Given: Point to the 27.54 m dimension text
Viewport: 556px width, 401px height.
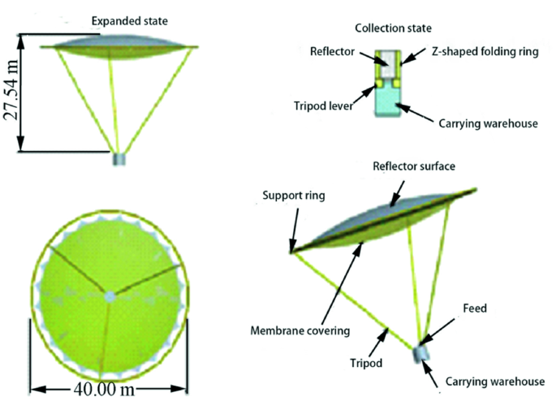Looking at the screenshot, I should pyautogui.click(x=11, y=93).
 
